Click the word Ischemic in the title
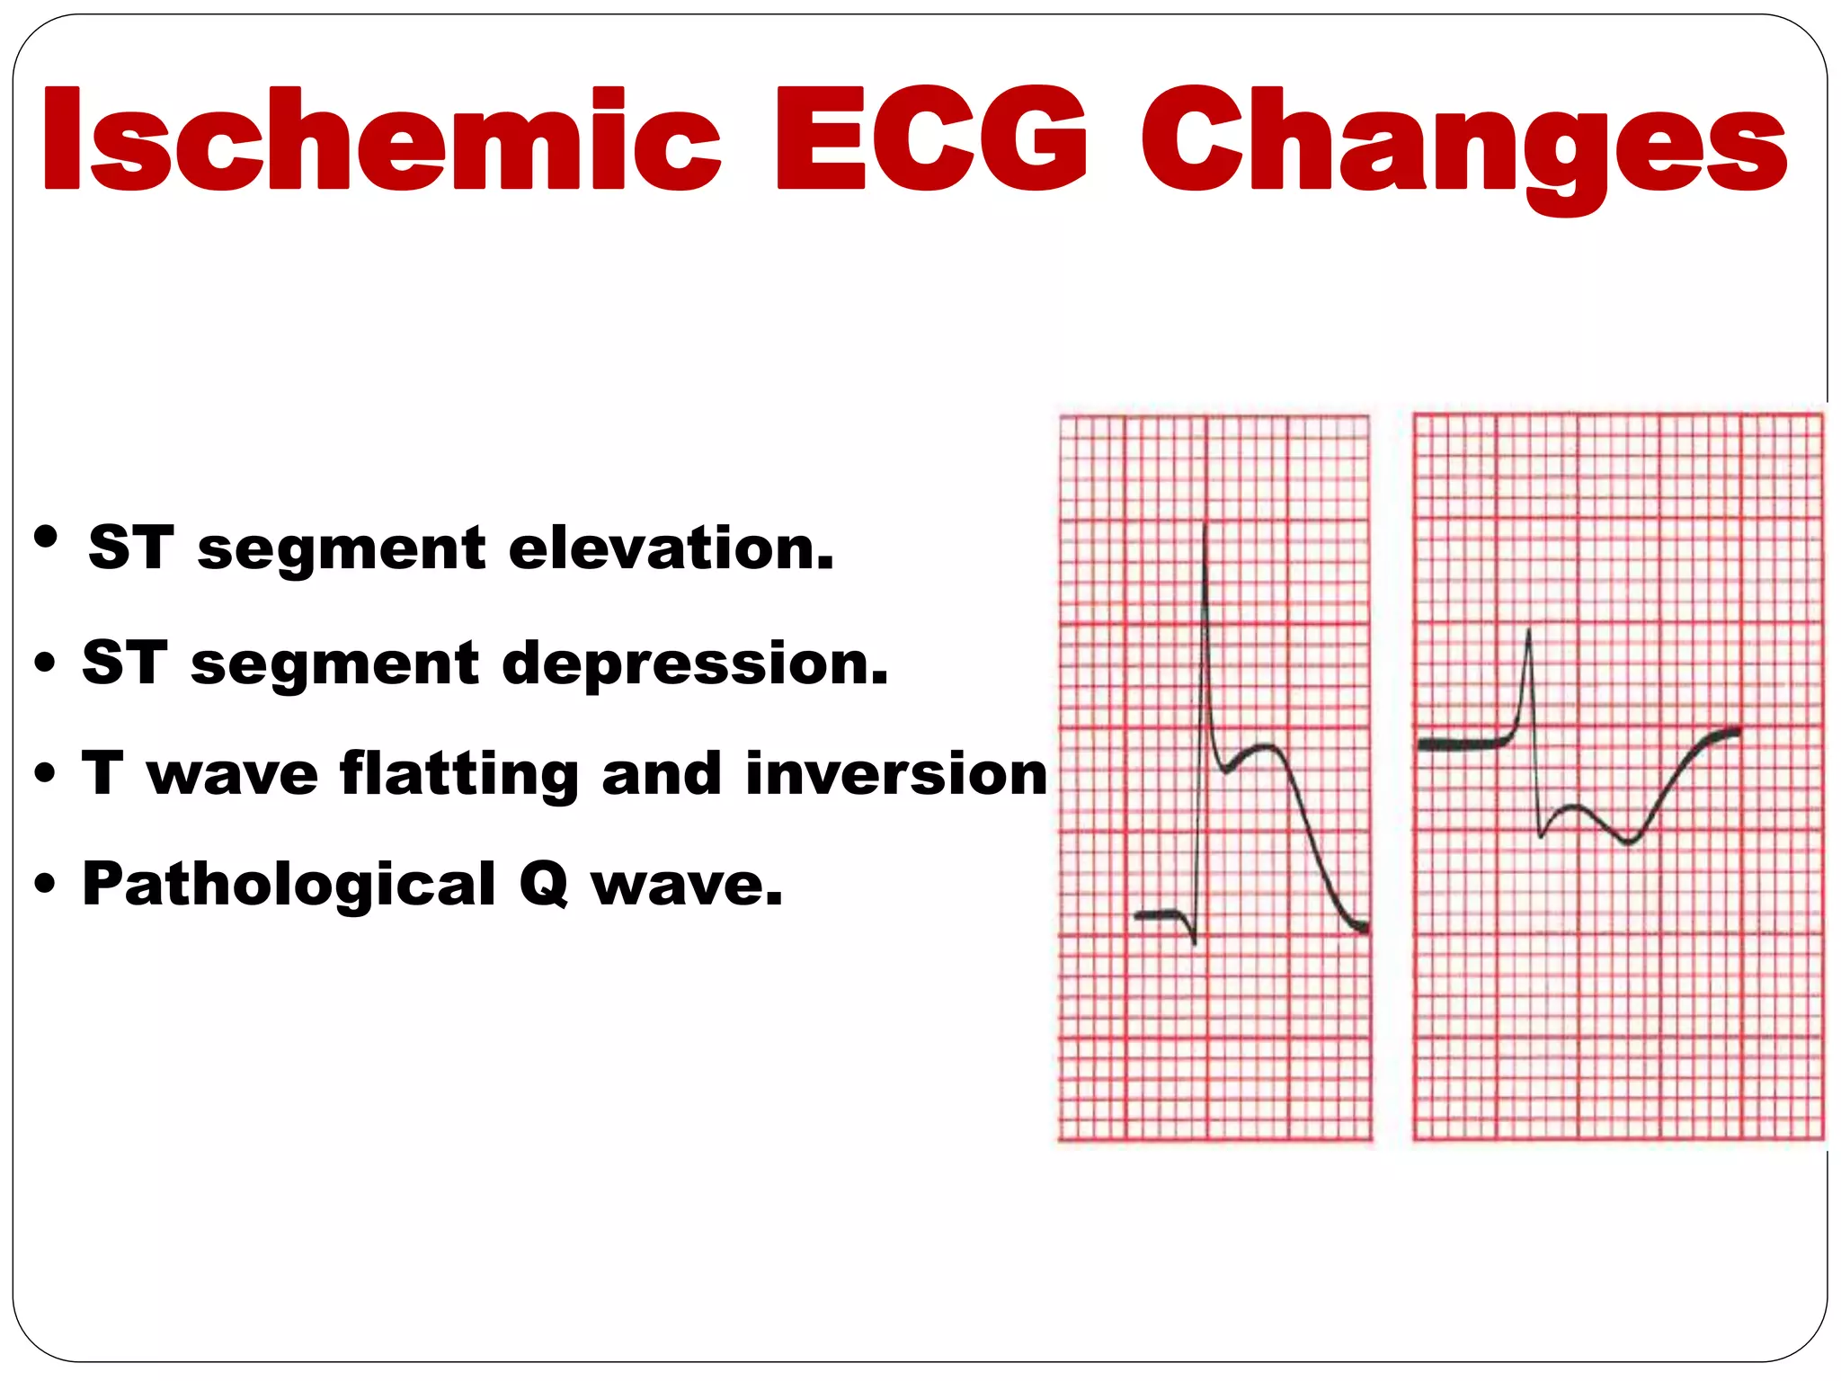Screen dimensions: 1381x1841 pyautogui.click(x=382, y=139)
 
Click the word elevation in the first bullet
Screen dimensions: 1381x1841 pyautogui.click(x=671, y=548)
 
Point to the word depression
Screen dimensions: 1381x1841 pyautogui.click(x=695, y=664)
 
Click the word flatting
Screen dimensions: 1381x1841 pyautogui.click(x=459, y=774)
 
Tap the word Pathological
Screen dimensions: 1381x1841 pyautogui.click(x=289, y=884)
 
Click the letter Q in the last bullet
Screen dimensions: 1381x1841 pyautogui.click(x=544, y=886)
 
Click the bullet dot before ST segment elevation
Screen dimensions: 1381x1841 pyautogui.click(x=46, y=539)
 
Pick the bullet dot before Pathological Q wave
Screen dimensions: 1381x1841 pyautogui.click(x=45, y=885)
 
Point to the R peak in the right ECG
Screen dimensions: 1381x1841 pyautogui.click(x=1528, y=634)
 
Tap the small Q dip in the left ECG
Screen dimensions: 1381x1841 pyautogui.click(x=1193, y=940)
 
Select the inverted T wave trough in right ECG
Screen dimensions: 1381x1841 pyautogui.click(x=1628, y=842)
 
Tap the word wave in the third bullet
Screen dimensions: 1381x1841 pyautogui.click(x=233, y=775)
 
